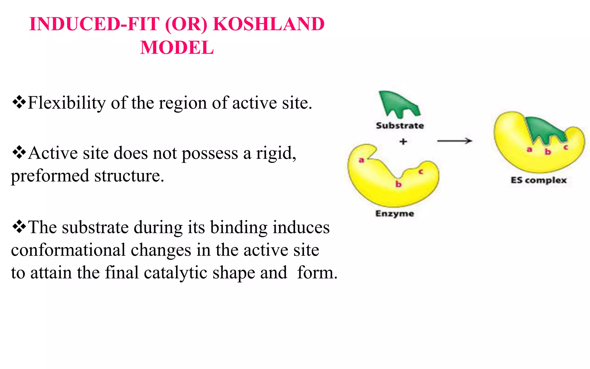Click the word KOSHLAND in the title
click(268, 24)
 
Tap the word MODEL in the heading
click(177, 48)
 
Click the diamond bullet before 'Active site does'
click(19, 153)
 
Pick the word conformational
click(68, 250)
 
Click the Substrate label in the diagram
click(400, 126)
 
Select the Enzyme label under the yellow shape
click(395, 214)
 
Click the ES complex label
click(538, 180)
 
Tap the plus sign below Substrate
click(403, 142)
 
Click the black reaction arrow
click(455, 141)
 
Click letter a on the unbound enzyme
click(361, 160)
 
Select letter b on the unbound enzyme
click(398, 184)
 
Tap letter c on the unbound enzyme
click(421, 172)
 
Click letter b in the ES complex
click(548, 152)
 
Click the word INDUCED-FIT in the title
click(94, 24)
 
